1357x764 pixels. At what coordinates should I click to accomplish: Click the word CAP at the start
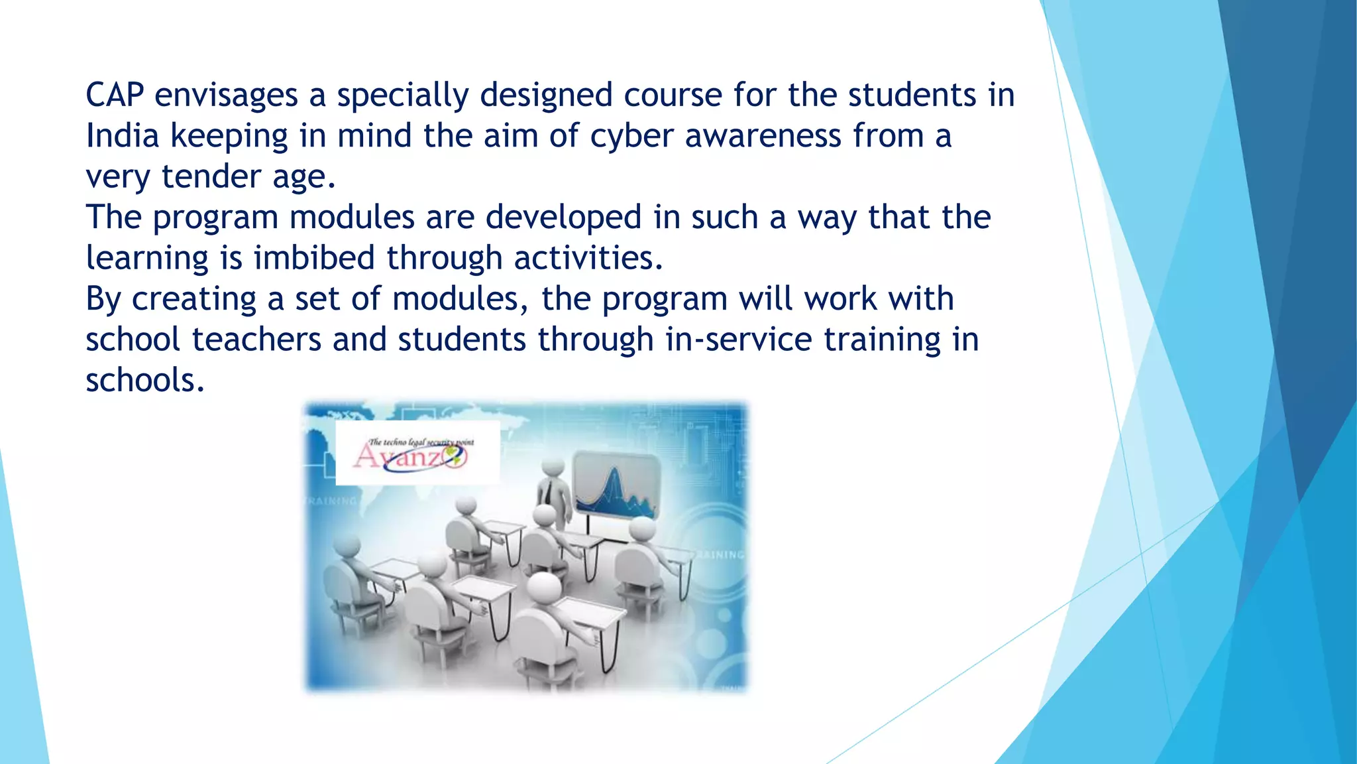point(115,95)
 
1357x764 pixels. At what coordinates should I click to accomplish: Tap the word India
point(123,136)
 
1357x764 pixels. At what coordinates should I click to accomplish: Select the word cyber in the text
point(631,136)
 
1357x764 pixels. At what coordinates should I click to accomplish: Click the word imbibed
point(314,258)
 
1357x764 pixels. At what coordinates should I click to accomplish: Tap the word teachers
point(257,340)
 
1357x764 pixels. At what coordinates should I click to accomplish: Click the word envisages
point(226,95)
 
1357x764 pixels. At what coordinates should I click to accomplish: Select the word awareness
point(763,136)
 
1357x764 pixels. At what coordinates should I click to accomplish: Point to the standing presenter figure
point(554,494)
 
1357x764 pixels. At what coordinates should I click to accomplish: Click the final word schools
point(145,381)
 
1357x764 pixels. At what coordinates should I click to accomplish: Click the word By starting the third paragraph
point(103,299)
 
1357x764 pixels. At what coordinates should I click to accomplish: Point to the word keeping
point(229,136)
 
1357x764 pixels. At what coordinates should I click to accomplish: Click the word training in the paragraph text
point(882,340)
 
